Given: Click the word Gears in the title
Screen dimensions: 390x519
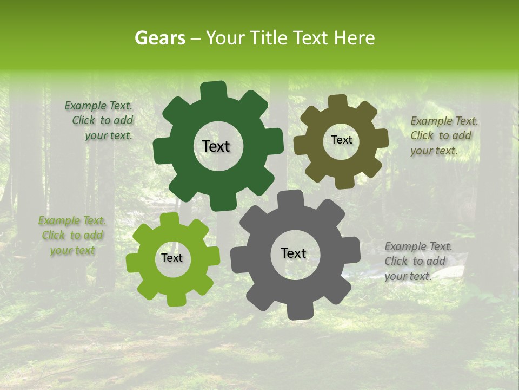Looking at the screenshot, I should tap(159, 38).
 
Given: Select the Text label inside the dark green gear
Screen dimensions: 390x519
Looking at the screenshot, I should tap(216, 146).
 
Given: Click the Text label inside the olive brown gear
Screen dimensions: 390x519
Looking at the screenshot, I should tap(341, 140).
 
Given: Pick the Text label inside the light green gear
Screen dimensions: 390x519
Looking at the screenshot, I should tap(172, 258).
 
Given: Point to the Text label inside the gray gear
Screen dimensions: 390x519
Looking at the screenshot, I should tap(294, 253).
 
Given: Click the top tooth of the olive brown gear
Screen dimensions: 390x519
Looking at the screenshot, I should tap(337, 102).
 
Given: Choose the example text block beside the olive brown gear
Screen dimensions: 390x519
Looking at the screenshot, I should tap(443, 135).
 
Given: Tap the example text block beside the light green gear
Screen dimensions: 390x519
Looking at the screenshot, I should tap(72, 236).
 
